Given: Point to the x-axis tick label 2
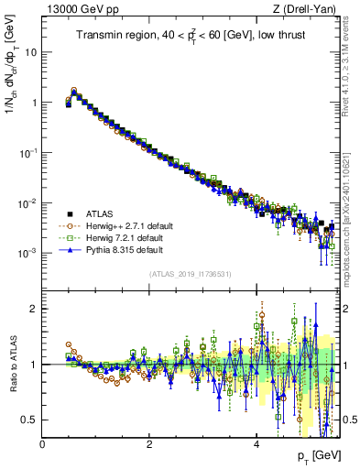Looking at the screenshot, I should (149, 443).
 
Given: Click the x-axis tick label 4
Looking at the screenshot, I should (256, 443).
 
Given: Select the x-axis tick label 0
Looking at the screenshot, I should (43, 443).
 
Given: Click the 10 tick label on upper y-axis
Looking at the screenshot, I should (29, 52).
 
